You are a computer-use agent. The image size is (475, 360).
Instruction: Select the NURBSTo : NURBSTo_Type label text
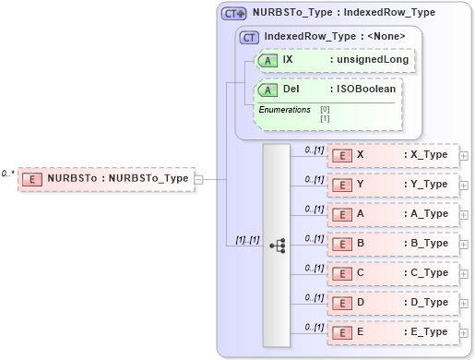(x=117, y=178)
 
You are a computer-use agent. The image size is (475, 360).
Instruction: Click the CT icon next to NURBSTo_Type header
(x=234, y=14)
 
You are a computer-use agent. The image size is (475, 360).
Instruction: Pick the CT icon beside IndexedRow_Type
(x=249, y=38)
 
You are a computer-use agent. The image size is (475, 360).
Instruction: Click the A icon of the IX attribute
(x=267, y=60)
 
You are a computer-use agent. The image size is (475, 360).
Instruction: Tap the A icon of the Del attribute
(x=267, y=90)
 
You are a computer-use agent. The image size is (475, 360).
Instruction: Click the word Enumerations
(x=284, y=110)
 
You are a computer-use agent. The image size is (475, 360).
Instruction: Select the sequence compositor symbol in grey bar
(x=277, y=245)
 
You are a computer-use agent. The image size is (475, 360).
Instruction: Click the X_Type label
(x=426, y=155)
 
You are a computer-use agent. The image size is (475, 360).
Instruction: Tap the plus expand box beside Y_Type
(x=463, y=185)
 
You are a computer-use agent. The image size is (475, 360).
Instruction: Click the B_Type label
(x=426, y=244)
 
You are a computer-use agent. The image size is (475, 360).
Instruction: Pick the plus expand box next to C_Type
(x=463, y=273)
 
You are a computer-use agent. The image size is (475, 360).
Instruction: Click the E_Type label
(x=426, y=332)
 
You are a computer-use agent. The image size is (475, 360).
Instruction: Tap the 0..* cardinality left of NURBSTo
(x=7, y=174)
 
